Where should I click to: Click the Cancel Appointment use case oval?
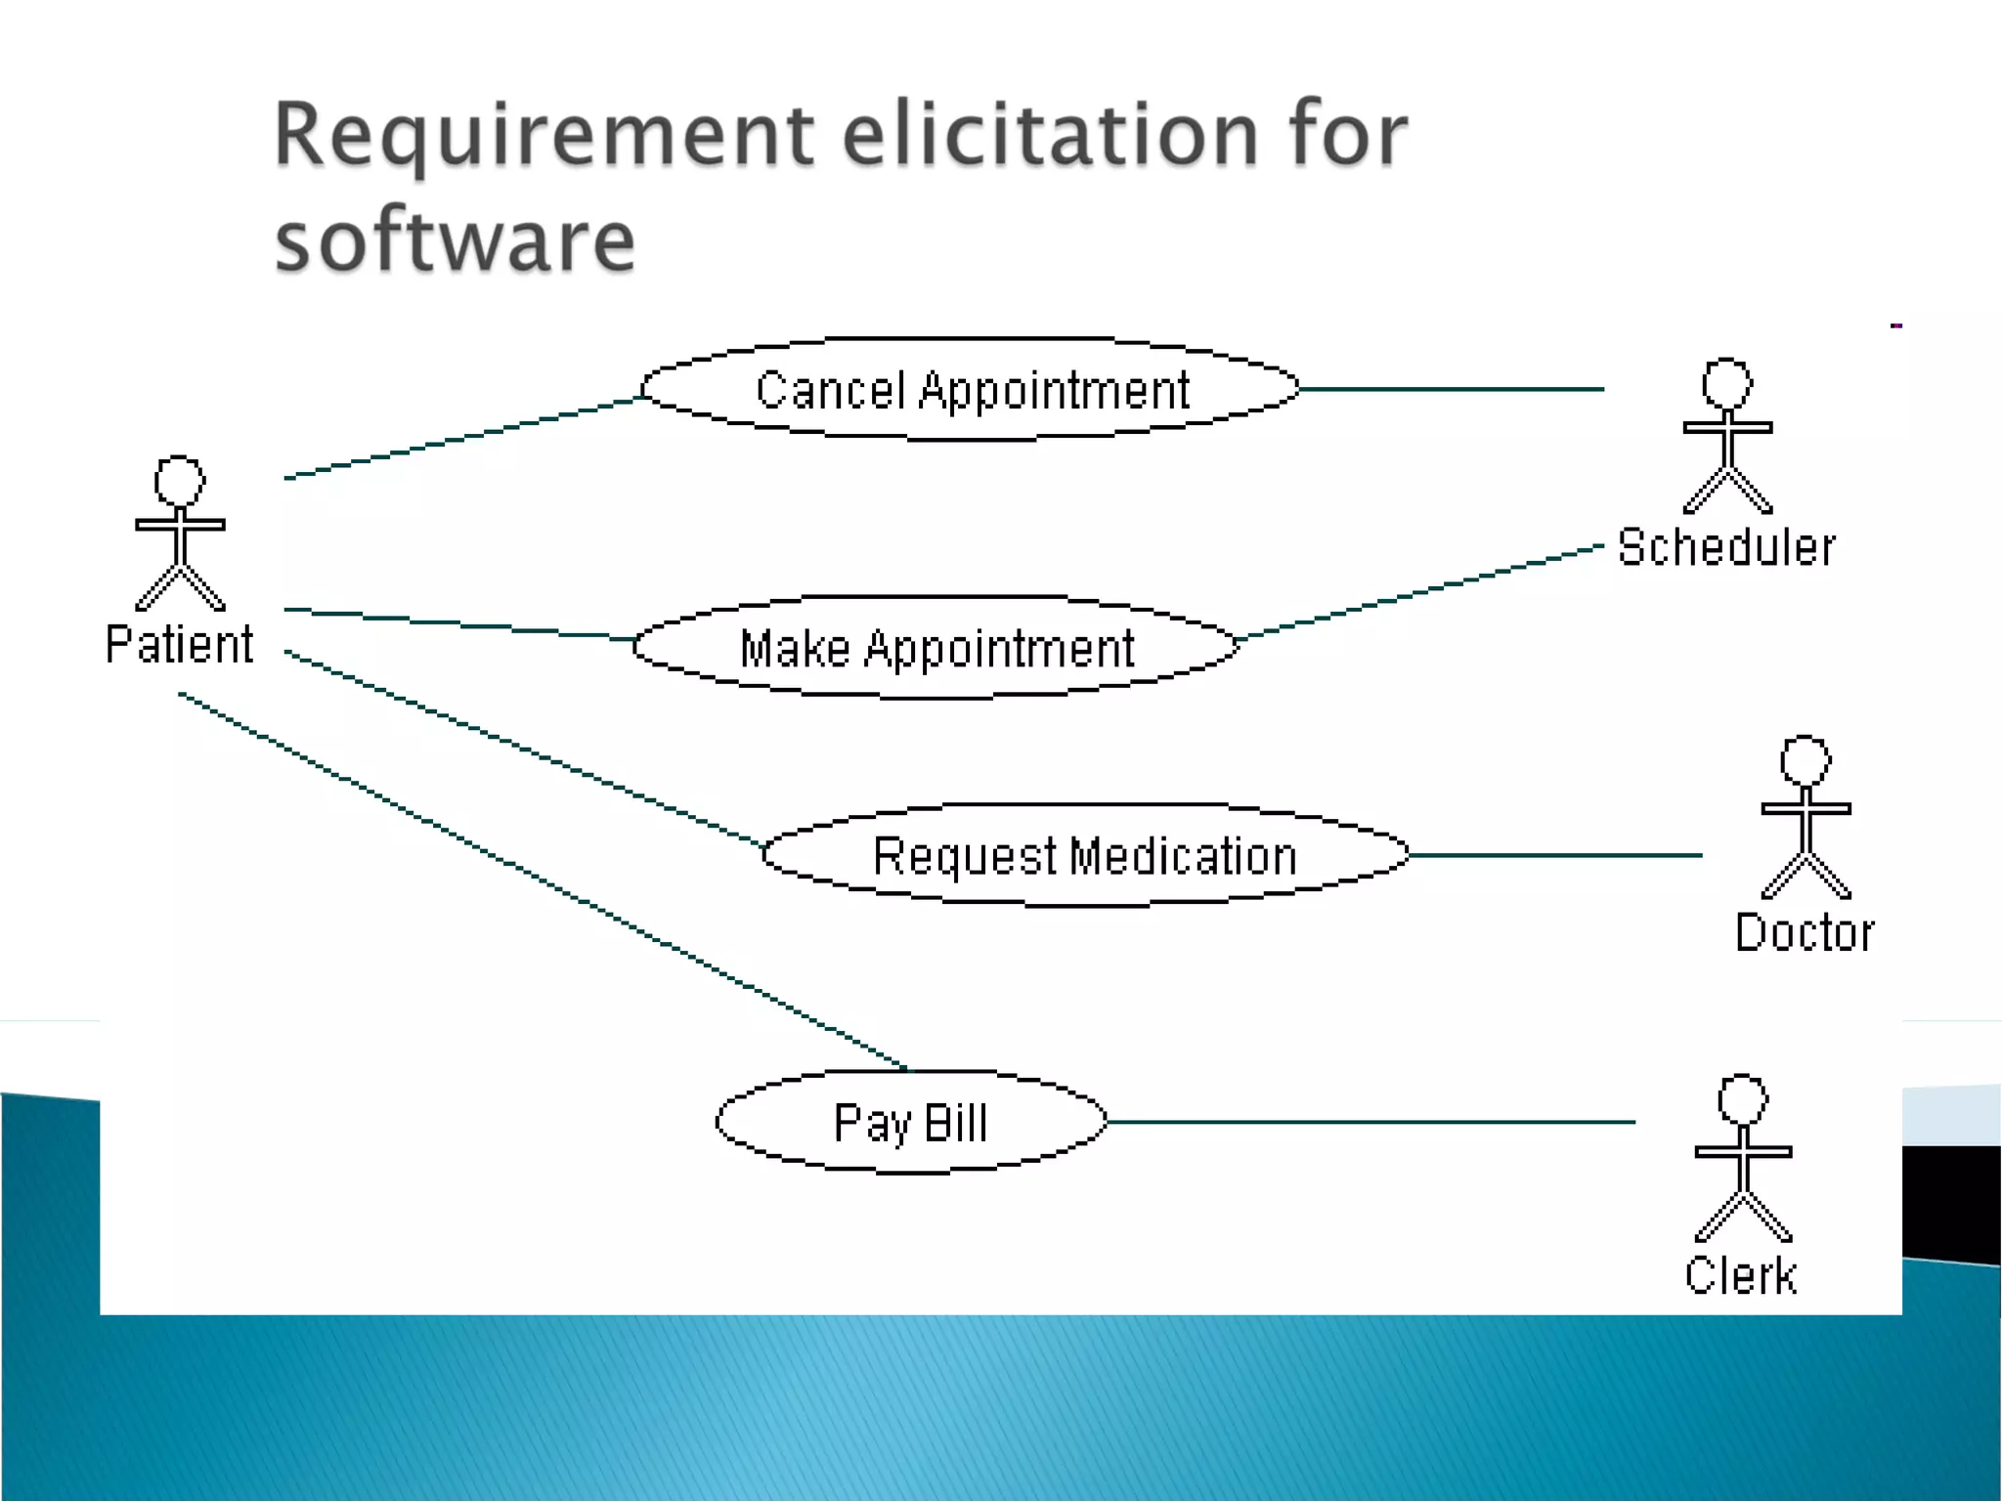pos(971,390)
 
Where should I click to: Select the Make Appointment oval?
pos(936,648)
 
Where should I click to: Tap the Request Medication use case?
pos(1085,856)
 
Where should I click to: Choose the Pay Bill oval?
pos(911,1122)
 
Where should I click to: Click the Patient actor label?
pos(179,645)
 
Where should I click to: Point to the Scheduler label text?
pos(1726,547)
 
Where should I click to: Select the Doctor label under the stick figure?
pos(1805,932)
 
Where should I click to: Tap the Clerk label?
pos(1741,1275)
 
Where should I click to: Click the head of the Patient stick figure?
pos(180,481)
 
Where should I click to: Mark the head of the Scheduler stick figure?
pos(1727,383)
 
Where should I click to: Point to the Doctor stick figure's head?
pos(1806,760)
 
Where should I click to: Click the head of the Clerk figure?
pos(1743,1100)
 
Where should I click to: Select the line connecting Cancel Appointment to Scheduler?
pos(1452,389)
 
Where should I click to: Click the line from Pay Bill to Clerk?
pos(1369,1122)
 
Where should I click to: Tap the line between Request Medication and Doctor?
pos(1554,855)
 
